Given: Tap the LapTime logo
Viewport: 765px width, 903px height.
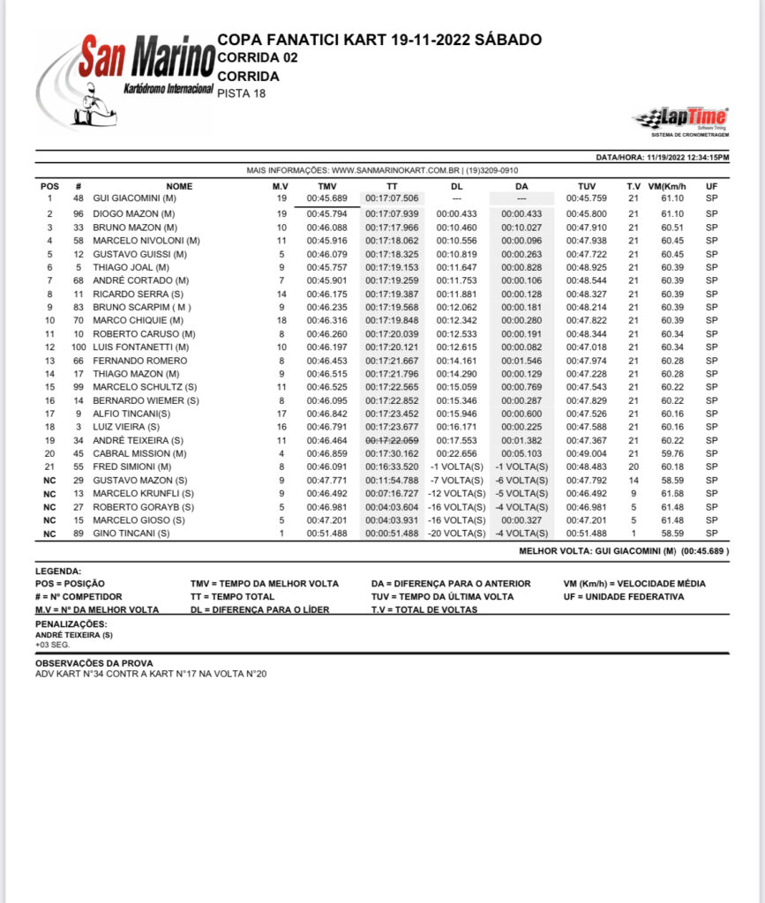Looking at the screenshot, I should [681, 119].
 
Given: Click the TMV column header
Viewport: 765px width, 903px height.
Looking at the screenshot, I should [326, 186].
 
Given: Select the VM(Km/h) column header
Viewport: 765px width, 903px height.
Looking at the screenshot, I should [666, 186].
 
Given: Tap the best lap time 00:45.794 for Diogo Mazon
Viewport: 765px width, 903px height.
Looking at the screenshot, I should [326, 214].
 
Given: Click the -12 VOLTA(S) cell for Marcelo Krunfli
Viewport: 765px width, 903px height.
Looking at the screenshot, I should [456, 493].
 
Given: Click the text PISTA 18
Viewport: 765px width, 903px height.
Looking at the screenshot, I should [241, 93].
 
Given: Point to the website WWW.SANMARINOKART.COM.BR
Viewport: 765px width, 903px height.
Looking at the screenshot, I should [396, 170].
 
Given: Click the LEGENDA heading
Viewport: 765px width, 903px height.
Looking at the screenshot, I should [58, 571].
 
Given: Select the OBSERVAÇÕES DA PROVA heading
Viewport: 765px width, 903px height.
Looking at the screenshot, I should [94, 663].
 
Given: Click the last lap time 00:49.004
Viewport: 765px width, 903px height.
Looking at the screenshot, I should [586, 453].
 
